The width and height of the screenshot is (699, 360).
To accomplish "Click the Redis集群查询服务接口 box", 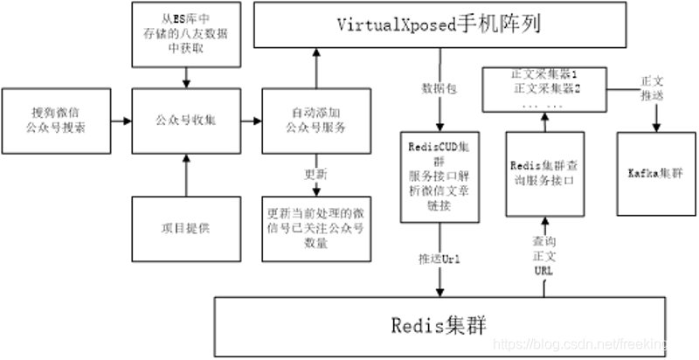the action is [544, 173].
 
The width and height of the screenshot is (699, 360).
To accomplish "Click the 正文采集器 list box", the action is [544, 90].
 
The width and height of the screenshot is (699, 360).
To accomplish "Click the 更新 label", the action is [315, 174].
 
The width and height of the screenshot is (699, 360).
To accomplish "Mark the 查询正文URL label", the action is [543, 256].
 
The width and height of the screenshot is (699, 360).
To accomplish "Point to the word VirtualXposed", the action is [397, 24].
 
